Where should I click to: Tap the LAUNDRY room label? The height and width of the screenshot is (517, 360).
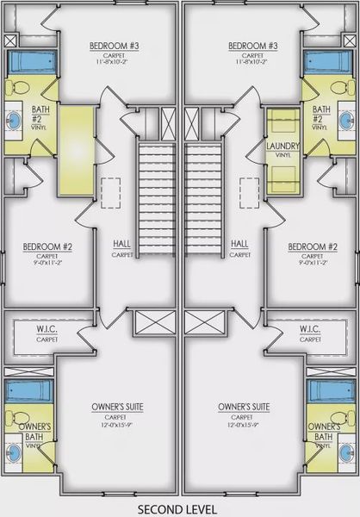coord(282,146)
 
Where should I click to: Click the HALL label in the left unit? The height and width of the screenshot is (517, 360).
coord(121,244)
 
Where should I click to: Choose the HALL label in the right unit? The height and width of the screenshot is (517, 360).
coord(239,244)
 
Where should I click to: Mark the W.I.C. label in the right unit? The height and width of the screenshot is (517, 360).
coord(311,330)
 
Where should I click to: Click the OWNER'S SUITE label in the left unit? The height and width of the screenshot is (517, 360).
coord(116,406)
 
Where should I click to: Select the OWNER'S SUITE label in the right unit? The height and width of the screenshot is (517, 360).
coord(245,406)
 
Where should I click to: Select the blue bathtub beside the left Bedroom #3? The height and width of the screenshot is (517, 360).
coord(29,62)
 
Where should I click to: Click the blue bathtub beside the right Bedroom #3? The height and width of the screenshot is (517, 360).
coord(331,62)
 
